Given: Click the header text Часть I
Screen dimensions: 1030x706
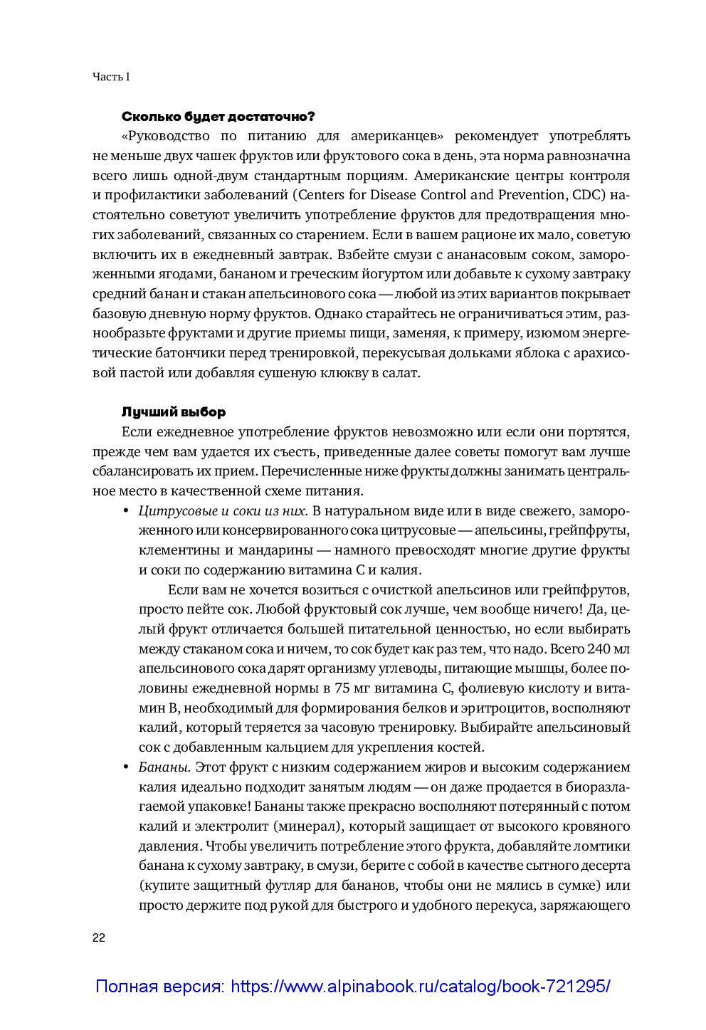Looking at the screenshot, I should click(x=111, y=76).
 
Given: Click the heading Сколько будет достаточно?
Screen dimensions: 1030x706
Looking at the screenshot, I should click(x=218, y=116).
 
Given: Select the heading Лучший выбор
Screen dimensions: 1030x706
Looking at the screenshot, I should click(x=174, y=412).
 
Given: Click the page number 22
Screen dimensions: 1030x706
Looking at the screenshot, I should click(x=99, y=937).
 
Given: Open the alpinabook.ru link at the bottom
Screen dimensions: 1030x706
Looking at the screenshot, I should click(x=352, y=987).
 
